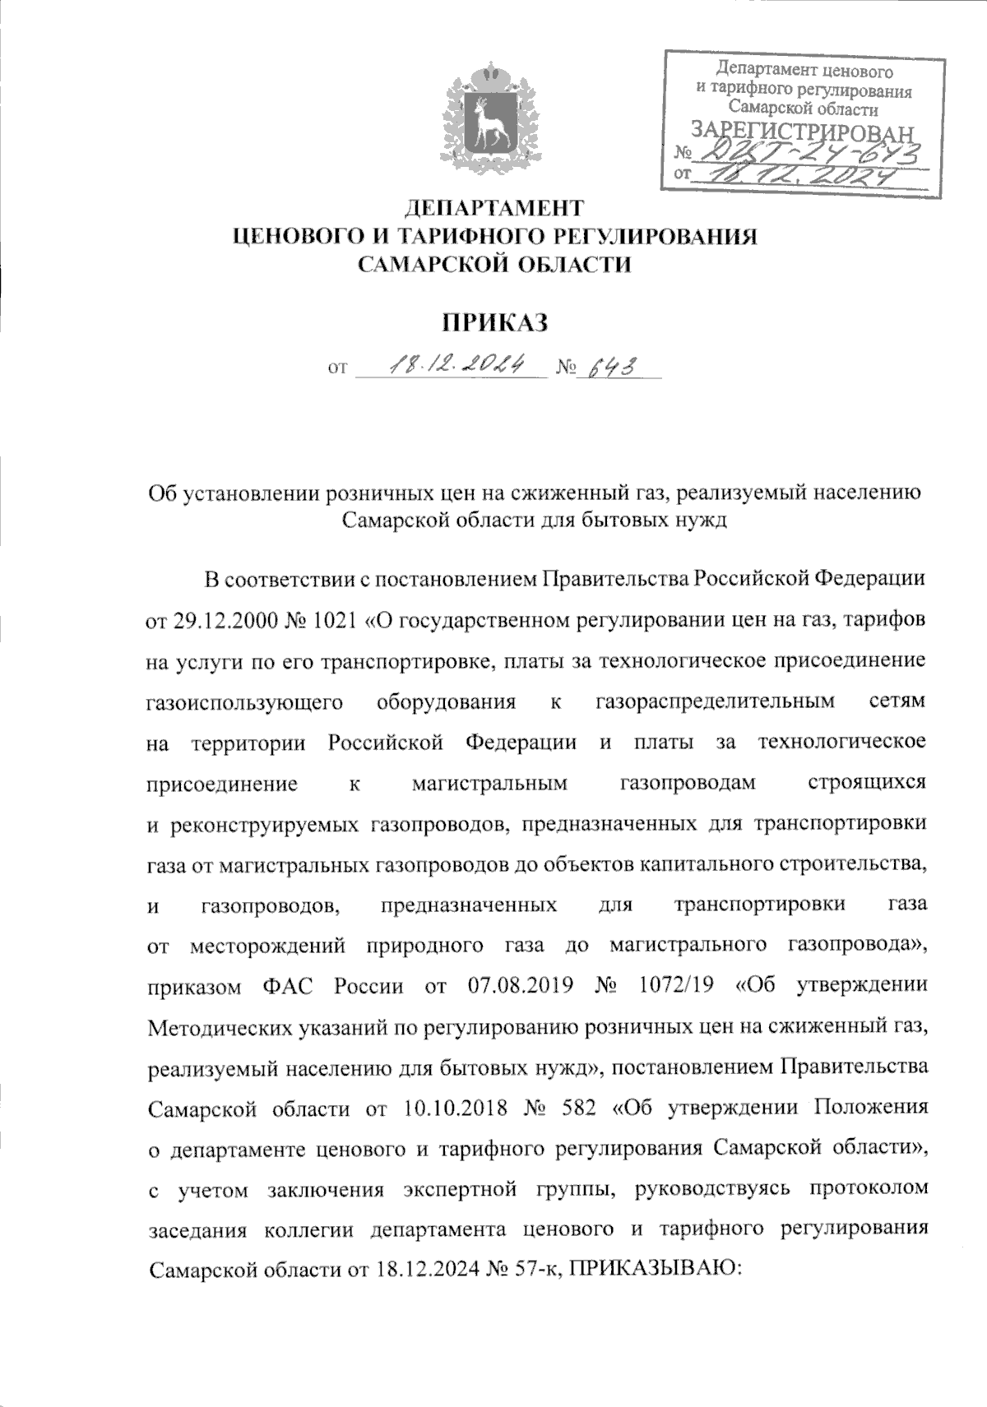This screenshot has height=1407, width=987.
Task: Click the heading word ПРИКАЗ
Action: click(x=494, y=322)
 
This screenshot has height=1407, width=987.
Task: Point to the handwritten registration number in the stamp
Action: click(x=807, y=150)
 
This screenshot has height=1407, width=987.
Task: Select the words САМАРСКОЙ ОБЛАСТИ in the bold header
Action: click(x=494, y=265)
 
